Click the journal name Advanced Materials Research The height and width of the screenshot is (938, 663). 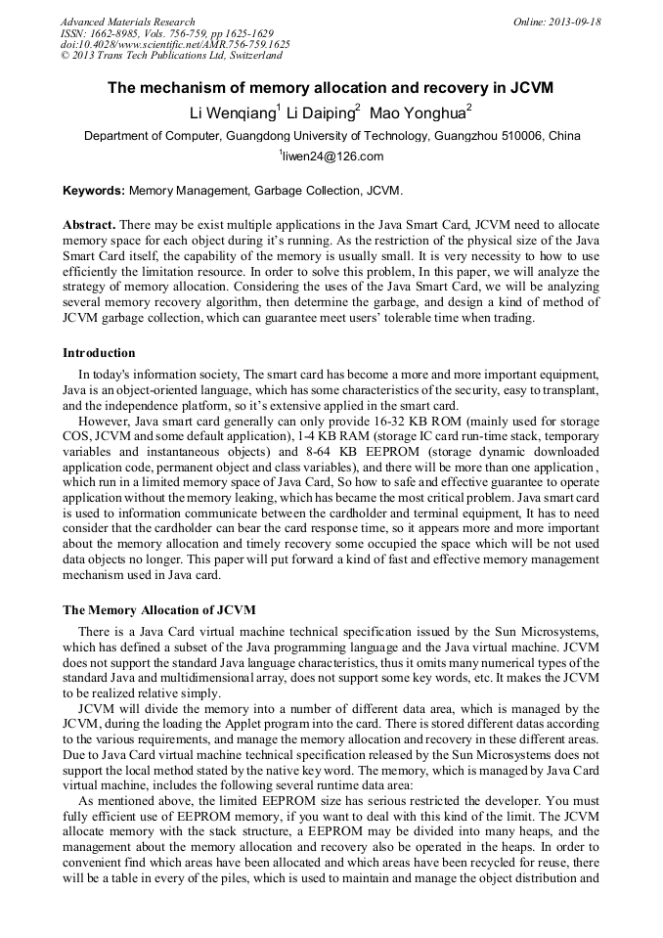coord(127,22)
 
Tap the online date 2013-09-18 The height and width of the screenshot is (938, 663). coord(574,22)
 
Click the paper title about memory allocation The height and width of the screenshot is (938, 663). coord(331,88)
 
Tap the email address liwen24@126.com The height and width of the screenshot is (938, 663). coord(333,156)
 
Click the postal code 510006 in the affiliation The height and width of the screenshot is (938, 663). coord(507,136)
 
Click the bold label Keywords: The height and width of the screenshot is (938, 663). coord(94,190)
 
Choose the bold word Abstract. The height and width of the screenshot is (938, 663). coord(89,224)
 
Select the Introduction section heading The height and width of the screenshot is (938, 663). coord(99,353)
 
